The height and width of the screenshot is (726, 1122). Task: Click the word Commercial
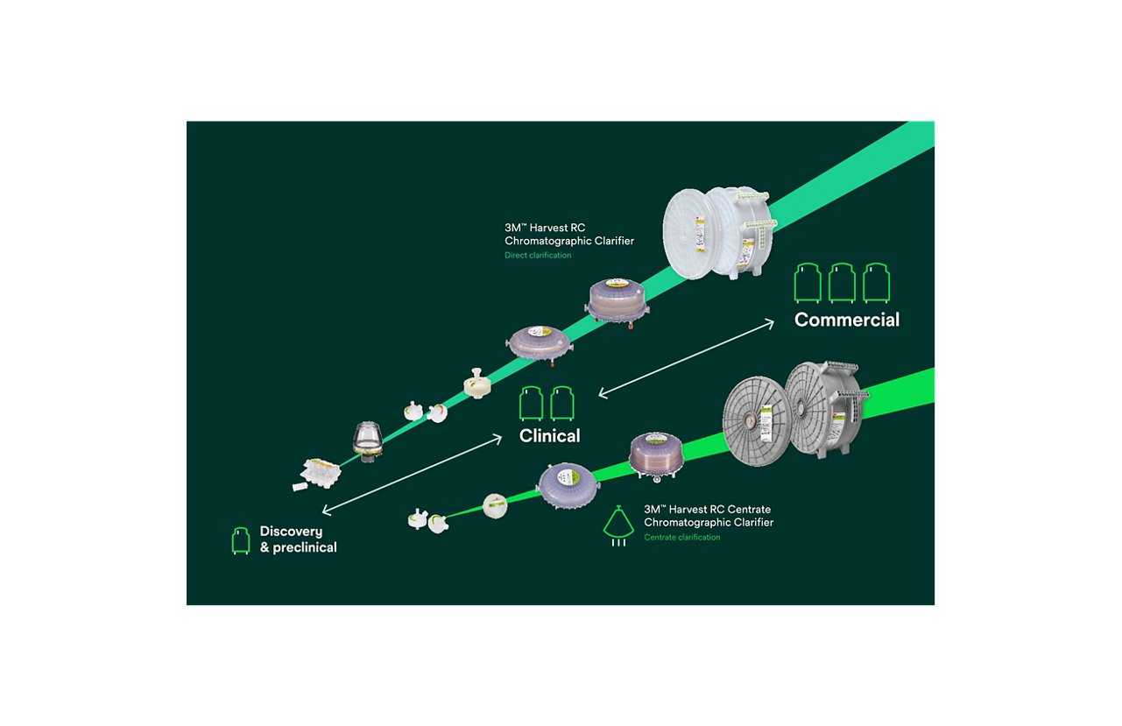pos(846,321)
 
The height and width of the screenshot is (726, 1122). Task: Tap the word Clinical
pos(549,435)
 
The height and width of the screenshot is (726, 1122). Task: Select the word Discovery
pos(291,532)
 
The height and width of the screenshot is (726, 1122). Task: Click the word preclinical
pos(306,547)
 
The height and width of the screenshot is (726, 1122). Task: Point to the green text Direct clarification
pos(537,256)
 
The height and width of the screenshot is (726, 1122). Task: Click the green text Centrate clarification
pos(681,538)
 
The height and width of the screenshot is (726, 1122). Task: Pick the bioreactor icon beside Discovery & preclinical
pos(239,540)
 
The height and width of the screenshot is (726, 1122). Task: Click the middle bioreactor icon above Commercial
pos(842,283)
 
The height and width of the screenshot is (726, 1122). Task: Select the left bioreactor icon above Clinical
pos(532,404)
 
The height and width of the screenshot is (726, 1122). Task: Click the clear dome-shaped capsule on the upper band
pos(366,440)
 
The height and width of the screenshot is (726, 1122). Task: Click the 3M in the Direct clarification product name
pos(515,228)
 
